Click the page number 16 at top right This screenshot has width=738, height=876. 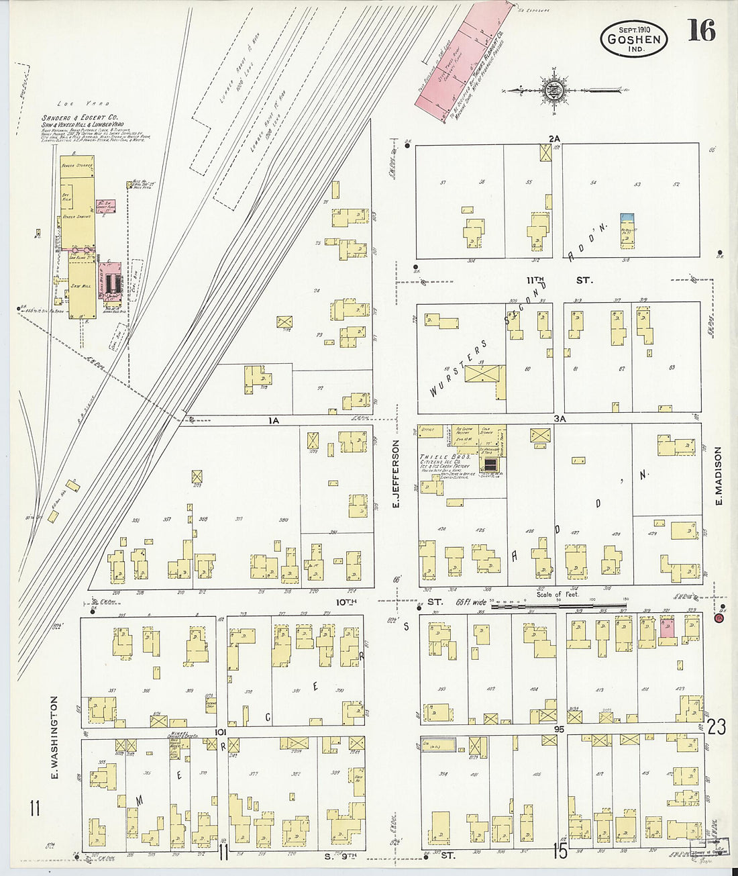701,31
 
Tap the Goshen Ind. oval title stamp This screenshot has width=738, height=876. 634,38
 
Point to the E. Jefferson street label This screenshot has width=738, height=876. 396,473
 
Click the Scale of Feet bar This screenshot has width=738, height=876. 557,606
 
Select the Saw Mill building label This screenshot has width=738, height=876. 81,287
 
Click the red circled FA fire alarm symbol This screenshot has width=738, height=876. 719,618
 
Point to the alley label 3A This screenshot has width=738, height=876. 560,418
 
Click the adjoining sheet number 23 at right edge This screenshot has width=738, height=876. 716,727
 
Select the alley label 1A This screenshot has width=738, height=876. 273,420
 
